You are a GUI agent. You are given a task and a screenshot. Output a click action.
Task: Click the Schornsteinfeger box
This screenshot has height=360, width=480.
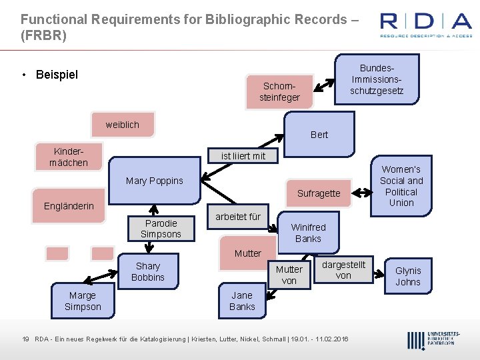pyautogui.click(x=279, y=91)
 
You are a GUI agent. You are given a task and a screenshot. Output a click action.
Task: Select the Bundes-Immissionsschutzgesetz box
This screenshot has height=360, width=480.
pyautogui.click(x=377, y=79)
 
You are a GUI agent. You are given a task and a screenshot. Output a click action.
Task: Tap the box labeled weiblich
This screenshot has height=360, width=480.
pyautogui.click(x=123, y=125)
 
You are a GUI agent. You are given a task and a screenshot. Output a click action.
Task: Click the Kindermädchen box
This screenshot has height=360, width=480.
pyautogui.click(x=69, y=156)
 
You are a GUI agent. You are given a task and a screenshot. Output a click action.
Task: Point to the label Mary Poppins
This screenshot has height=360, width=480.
pyautogui.click(x=154, y=181)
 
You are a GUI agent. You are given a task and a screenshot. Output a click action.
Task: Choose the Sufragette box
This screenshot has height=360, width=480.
pyautogui.click(x=318, y=193)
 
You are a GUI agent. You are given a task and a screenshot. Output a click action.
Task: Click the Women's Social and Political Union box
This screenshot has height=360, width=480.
pyautogui.click(x=401, y=186)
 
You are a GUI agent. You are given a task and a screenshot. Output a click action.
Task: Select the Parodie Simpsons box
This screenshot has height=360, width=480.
pyautogui.click(x=161, y=228)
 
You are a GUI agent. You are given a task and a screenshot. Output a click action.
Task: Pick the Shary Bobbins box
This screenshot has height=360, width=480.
pyautogui.click(x=148, y=271)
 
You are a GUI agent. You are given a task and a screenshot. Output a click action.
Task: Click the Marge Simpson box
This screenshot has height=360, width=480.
pyautogui.click(x=83, y=301)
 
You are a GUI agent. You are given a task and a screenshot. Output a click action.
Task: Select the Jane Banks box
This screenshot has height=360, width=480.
pyautogui.click(x=242, y=301)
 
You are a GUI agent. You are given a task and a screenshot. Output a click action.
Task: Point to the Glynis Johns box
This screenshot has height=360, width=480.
pyautogui.click(x=408, y=276)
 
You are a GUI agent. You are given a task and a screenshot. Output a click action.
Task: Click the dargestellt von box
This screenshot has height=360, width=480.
pyautogui.click(x=343, y=269)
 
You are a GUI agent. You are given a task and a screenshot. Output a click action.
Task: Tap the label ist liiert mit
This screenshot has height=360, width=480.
pyautogui.click(x=243, y=156)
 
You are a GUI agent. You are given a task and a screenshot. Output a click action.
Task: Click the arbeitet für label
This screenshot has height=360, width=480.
pyautogui.click(x=237, y=217)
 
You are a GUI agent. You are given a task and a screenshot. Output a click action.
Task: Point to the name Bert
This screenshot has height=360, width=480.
pyautogui.click(x=319, y=135)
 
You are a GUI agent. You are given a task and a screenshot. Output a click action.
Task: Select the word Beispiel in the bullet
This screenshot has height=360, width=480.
pyautogui.click(x=57, y=74)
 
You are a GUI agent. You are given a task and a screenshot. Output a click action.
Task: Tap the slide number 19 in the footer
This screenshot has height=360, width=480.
pyautogui.click(x=25, y=339)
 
